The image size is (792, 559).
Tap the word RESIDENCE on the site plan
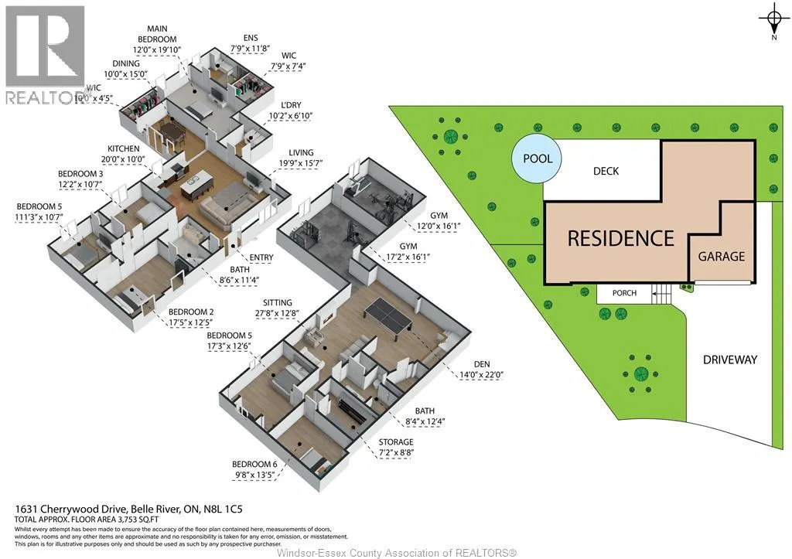[x=621, y=238]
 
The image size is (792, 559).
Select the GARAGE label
[x=722, y=257]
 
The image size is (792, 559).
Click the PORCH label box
[x=624, y=293]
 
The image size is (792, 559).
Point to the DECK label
[x=606, y=171]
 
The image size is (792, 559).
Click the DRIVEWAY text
[x=730, y=360]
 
